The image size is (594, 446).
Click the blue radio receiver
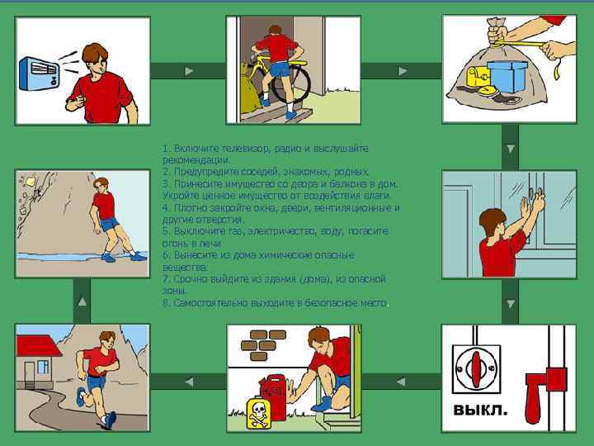39,74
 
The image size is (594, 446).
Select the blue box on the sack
507,76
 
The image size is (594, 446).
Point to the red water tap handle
543,391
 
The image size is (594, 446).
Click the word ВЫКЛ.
480,410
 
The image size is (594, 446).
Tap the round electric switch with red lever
476,368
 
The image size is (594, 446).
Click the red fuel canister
275,396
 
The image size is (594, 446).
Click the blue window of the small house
43,367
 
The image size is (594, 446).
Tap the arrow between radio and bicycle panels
189,71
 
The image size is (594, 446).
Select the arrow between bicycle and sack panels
403,71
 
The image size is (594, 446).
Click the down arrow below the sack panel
511,149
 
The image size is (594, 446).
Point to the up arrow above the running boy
82,302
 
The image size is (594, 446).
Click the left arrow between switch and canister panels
401,382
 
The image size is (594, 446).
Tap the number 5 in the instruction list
165,231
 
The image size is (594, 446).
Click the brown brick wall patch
264,345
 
